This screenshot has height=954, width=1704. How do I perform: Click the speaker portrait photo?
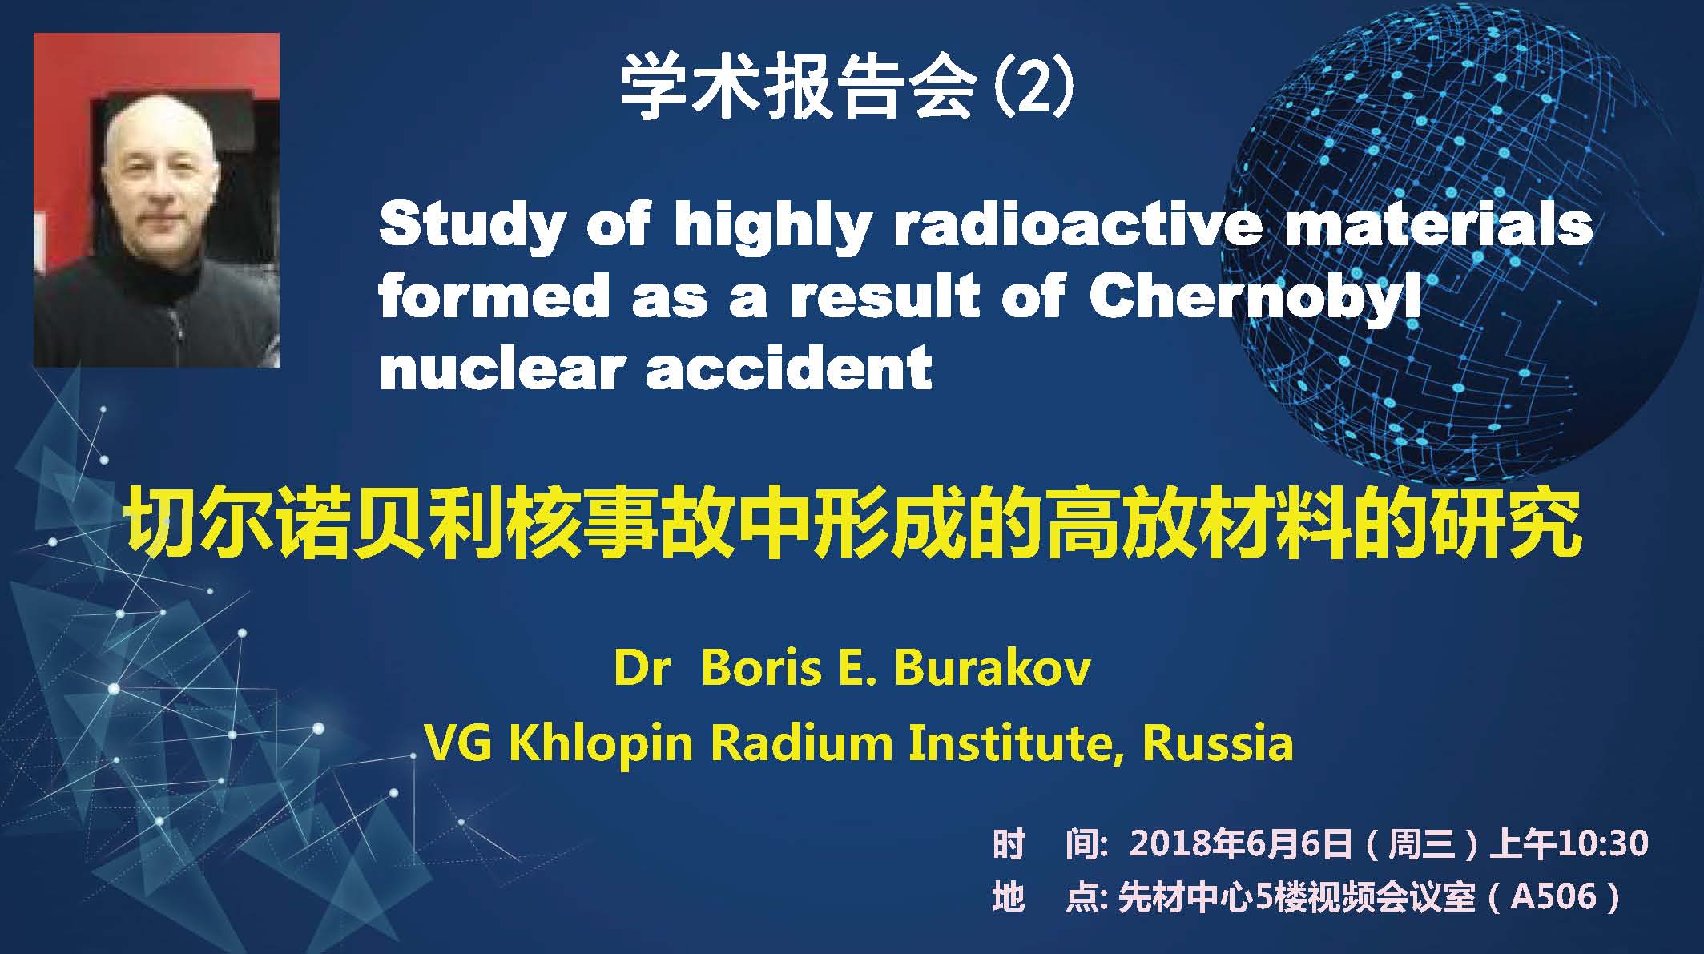(x=156, y=200)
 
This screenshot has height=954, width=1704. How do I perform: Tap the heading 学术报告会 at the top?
(x=798, y=88)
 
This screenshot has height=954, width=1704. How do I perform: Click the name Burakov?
(x=992, y=669)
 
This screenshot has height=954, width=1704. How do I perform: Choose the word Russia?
(x=1219, y=743)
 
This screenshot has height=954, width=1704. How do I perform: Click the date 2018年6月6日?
(x=1240, y=843)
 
